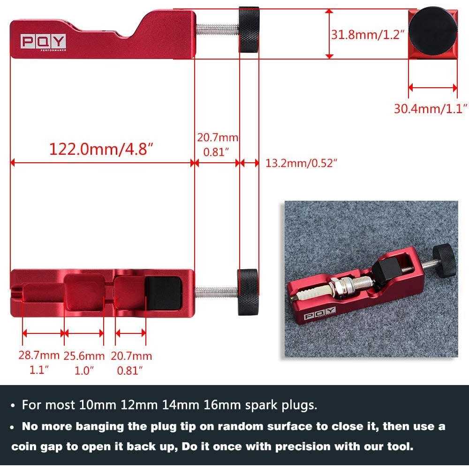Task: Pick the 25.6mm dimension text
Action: (x=84, y=356)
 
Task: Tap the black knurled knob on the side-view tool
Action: (x=249, y=29)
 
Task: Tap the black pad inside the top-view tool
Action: (x=163, y=292)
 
